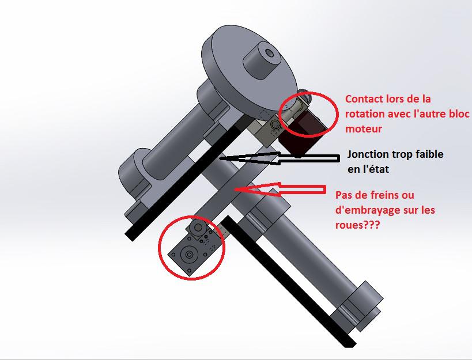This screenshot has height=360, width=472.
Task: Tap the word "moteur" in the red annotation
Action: (364, 128)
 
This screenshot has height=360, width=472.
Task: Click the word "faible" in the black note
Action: (429, 154)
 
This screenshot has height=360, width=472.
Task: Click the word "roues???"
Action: (358, 225)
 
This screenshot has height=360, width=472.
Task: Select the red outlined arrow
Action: (280, 189)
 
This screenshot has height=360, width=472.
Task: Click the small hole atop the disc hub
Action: (269, 54)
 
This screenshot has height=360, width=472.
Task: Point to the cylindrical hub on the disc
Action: (260, 63)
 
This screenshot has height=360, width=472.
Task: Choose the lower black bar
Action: (287, 281)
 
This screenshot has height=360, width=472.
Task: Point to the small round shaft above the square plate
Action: (198, 228)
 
